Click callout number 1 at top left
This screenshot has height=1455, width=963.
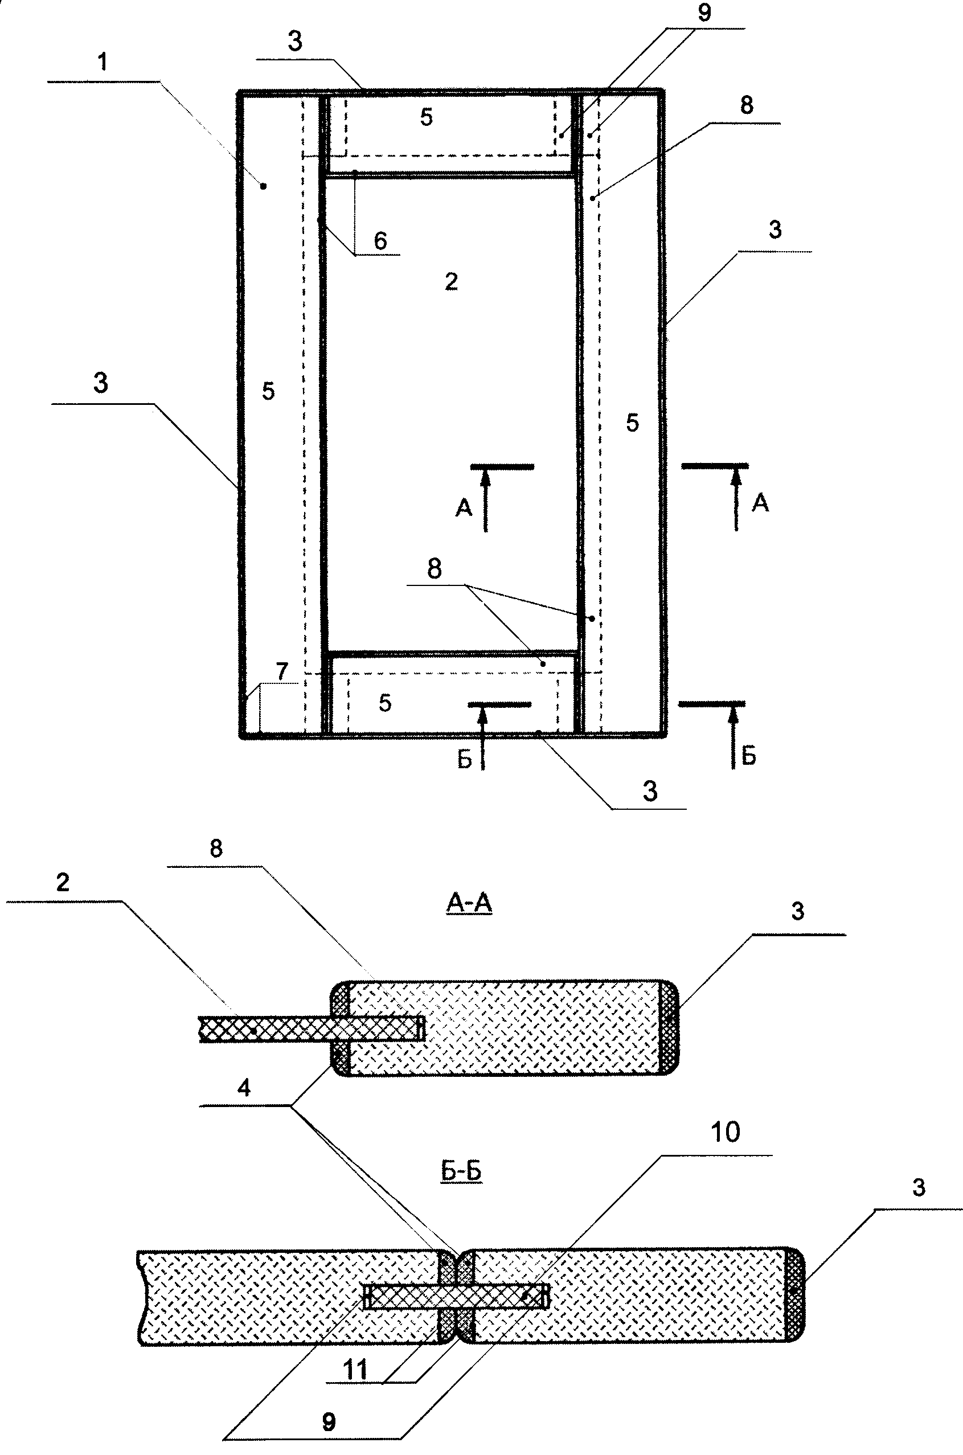[x=103, y=62]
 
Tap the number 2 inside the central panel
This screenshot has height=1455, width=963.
[x=452, y=281]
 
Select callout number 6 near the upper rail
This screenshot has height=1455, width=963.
[x=381, y=241]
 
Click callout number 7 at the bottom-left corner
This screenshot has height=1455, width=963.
[x=282, y=671]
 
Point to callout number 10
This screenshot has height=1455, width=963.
[x=726, y=1132]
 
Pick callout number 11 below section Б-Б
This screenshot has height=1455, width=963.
[x=355, y=1370]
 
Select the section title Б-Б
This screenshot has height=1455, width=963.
[x=461, y=1171]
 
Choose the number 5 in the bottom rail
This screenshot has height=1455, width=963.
[x=385, y=703]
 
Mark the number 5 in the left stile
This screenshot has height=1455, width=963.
[x=268, y=391]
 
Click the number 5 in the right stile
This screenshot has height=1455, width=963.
[x=633, y=423]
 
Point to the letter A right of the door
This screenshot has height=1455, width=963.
[x=760, y=503]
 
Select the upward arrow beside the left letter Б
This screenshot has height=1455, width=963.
[x=482, y=737]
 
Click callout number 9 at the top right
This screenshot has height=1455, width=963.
[x=704, y=13]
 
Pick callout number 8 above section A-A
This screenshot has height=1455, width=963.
[x=216, y=849]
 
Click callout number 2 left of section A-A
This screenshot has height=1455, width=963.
[x=63, y=883]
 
